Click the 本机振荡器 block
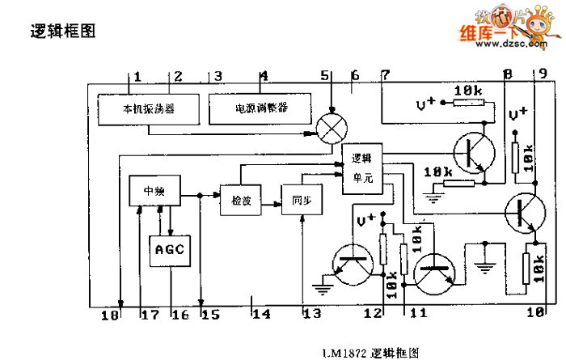pyautogui.click(x=149, y=108)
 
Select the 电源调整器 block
pyautogui.click(x=261, y=108)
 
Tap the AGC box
pyautogui.click(x=170, y=250)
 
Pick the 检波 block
pyautogui.click(x=241, y=201)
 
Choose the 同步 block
pyautogui.click(x=300, y=201)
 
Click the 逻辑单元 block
pyautogui.click(x=362, y=169)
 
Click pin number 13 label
pyautogui.click(x=310, y=314)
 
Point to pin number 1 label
pyautogui.click(x=138, y=77)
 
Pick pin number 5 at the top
pyautogui.click(x=324, y=76)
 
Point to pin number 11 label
pyautogui.click(x=418, y=312)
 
